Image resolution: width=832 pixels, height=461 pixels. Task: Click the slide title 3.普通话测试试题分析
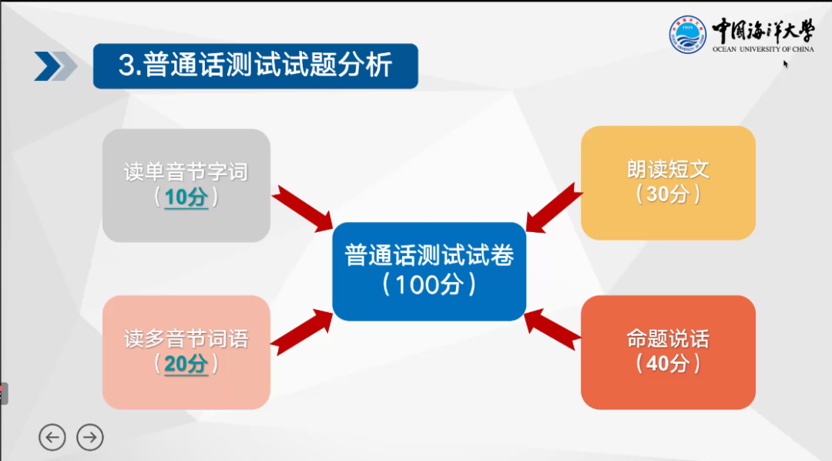(255, 66)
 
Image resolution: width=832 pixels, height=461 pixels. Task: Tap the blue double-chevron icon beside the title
(55, 66)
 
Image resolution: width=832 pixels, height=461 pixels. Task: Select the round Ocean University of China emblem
(687, 35)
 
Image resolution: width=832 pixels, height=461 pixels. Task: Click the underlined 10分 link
(186, 197)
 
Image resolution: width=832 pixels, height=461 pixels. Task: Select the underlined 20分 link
(186, 364)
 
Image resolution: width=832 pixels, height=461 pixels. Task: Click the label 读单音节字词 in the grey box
(186, 171)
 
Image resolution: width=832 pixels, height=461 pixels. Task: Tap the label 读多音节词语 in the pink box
(186, 338)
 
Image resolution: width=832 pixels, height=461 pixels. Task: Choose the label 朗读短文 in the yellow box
(668, 169)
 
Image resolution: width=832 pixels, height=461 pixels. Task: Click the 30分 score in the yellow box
(668, 194)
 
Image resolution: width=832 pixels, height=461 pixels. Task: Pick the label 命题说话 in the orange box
(668, 338)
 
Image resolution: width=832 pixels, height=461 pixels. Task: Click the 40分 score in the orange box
(668, 364)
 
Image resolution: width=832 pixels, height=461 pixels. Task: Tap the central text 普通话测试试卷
(429, 255)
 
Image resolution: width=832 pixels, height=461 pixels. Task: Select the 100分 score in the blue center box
(429, 284)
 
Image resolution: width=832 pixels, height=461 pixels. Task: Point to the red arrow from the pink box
(300, 333)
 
